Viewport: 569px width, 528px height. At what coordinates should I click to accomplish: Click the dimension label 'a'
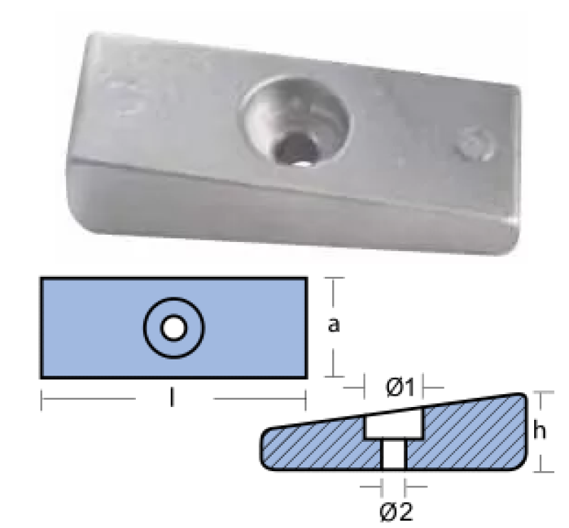point(334,325)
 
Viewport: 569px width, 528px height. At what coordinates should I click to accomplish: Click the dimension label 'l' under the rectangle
point(172,397)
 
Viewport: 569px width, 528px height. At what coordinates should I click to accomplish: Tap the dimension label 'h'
point(540,431)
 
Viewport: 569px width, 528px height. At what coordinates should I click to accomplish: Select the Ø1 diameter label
point(400,388)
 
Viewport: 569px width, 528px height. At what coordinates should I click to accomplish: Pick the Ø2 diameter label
point(396,512)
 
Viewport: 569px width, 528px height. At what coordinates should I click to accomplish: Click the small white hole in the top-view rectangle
point(174,328)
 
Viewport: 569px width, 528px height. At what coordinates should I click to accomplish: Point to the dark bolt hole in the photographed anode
point(294,147)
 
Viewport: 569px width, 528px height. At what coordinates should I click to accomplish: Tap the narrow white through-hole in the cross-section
point(394,454)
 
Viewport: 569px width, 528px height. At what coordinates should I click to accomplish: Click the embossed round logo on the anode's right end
point(475,144)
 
